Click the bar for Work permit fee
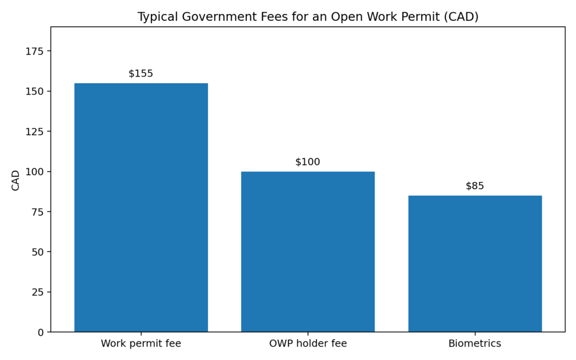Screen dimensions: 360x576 coord(141,208)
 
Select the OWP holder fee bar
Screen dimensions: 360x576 coord(308,251)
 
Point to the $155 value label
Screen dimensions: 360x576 coord(141,74)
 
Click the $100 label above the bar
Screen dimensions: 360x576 coord(308,162)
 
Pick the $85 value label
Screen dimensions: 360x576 coord(475,186)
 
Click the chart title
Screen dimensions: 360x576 coord(308,17)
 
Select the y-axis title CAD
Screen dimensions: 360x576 coord(16,180)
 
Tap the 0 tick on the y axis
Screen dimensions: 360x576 coord(40,332)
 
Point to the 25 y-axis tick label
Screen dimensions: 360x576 coord(37,292)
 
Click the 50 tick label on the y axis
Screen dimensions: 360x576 coord(37,252)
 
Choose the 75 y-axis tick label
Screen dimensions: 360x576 coord(37,212)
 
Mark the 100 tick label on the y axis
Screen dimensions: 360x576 coord(35,172)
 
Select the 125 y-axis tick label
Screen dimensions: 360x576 coord(35,132)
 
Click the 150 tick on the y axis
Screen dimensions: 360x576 coord(35,92)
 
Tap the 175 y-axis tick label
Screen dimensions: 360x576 coord(35,51)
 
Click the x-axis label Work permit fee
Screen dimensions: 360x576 coord(141,344)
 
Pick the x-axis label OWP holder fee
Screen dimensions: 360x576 coord(308,344)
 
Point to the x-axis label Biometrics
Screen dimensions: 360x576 coord(475,344)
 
